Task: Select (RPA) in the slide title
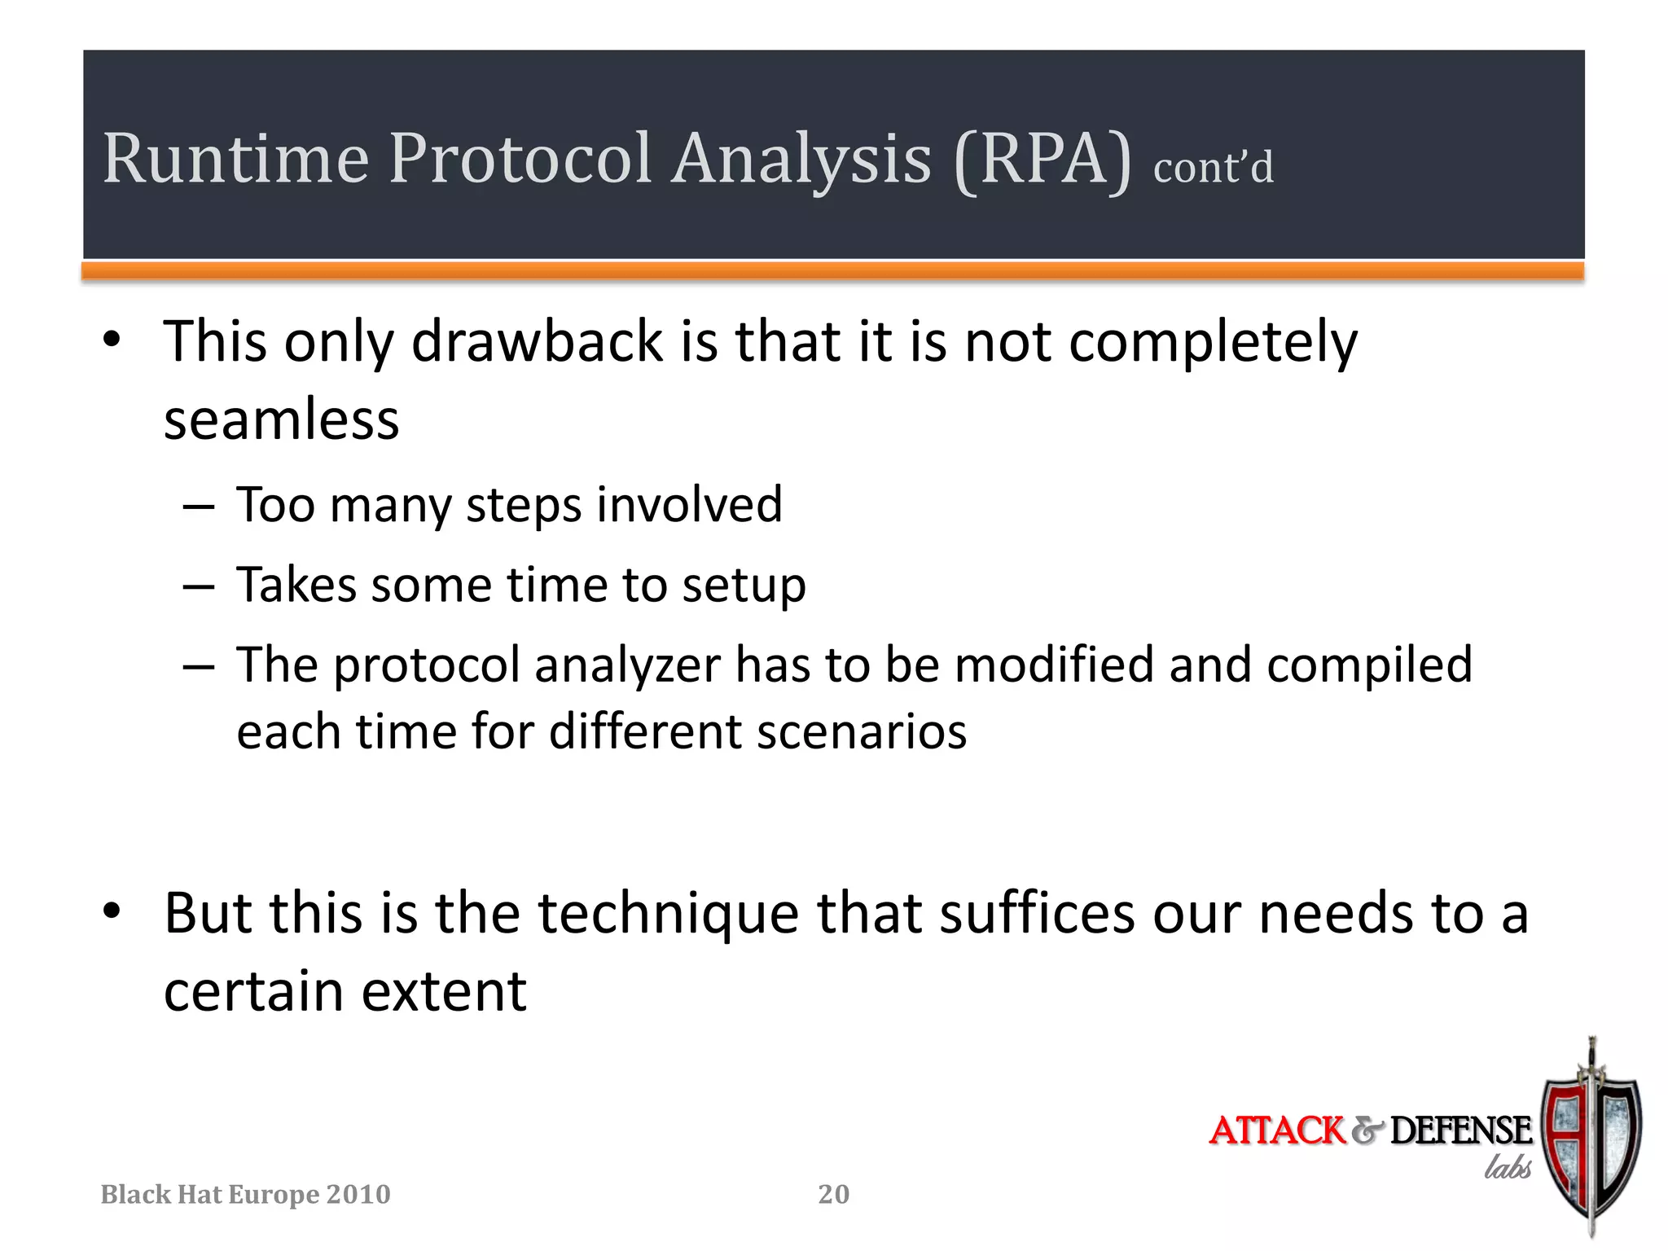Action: pyautogui.click(x=1042, y=160)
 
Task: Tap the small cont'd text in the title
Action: pyautogui.click(x=1213, y=168)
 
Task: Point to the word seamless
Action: pyautogui.click(x=282, y=420)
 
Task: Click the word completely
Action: pyautogui.click(x=1213, y=343)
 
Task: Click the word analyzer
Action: pyautogui.click(x=627, y=666)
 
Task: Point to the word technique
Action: pyautogui.click(x=669, y=915)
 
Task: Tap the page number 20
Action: pyautogui.click(x=833, y=1194)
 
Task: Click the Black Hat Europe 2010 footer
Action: pyautogui.click(x=245, y=1194)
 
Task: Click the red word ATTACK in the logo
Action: pyautogui.click(x=1277, y=1130)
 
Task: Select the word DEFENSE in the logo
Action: pyautogui.click(x=1460, y=1130)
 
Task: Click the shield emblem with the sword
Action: pyautogui.click(x=1591, y=1140)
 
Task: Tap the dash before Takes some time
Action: pyautogui.click(x=199, y=586)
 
